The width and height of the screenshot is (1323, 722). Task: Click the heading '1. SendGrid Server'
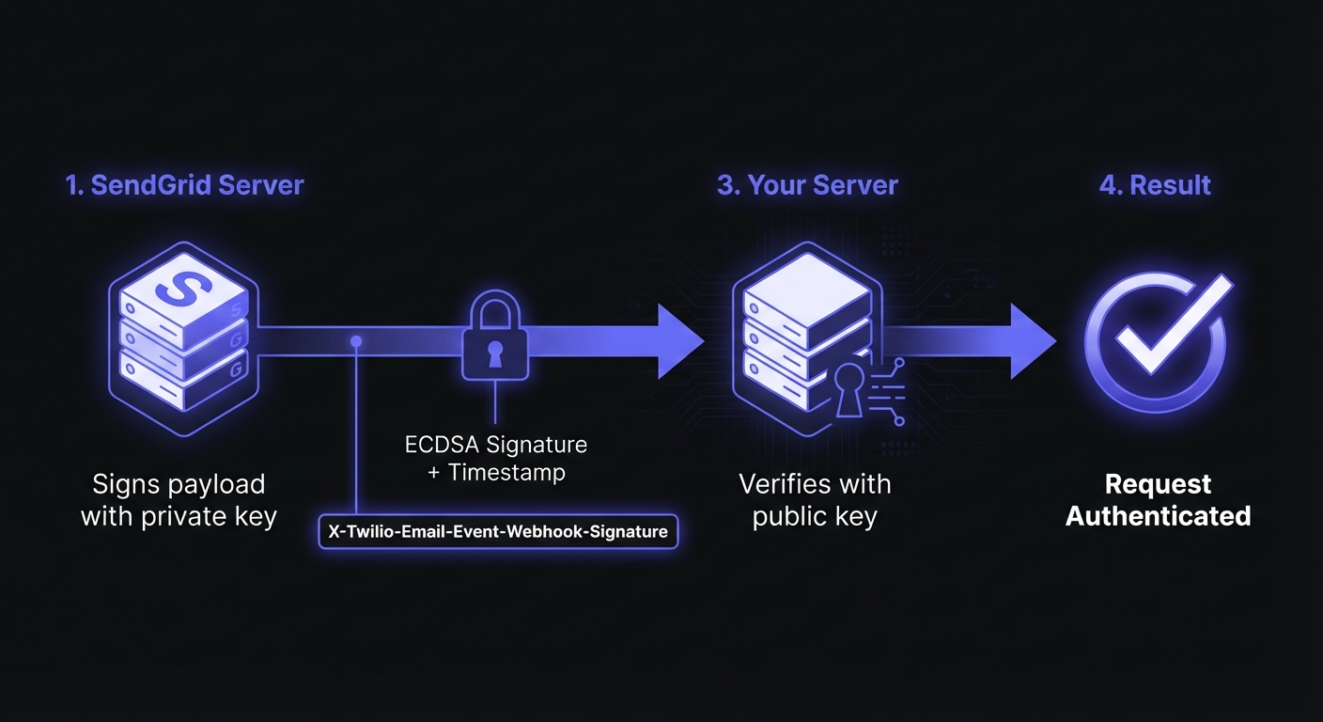tap(185, 184)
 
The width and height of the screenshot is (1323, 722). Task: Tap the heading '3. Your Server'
tap(807, 184)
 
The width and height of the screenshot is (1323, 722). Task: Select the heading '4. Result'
tap(1155, 184)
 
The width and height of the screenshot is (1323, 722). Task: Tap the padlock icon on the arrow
tap(494, 340)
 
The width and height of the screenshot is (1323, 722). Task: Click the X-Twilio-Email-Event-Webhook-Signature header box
tap(498, 531)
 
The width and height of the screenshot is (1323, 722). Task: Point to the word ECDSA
tap(440, 443)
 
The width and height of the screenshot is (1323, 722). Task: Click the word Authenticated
tap(1158, 516)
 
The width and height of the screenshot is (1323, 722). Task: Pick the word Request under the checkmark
tap(1158, 484)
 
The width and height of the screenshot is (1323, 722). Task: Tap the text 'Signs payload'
tap(179, 484)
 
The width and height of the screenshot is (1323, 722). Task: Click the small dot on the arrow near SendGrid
tap(356, 341)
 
